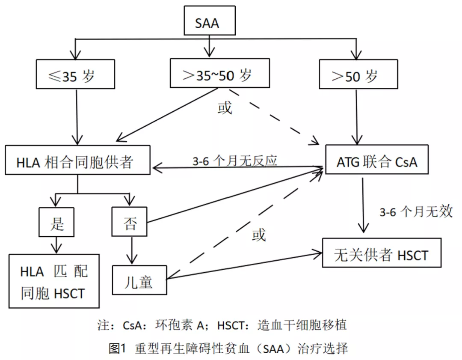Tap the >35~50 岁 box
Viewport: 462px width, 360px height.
coord(220,74)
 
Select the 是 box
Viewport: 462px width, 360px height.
coord(57,222)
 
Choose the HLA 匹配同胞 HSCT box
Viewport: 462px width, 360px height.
coord(54,281)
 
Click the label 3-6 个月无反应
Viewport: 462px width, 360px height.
coord(235,160)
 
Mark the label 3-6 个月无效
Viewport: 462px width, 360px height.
coord(415,211)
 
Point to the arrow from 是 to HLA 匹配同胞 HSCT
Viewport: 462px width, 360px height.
coord(57,245)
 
